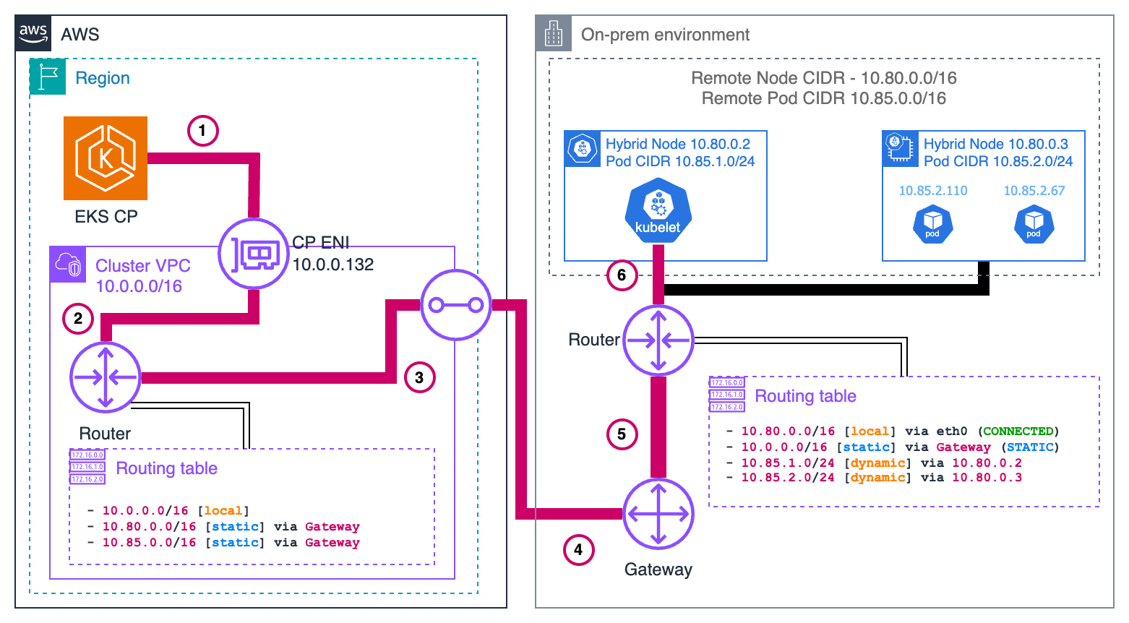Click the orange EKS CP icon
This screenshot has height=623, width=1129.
(x=106, y=158)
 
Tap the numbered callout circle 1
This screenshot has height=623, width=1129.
(x=202, y=131)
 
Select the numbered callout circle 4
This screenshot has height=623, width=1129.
(x=578, y=550)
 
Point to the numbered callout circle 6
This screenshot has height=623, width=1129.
(x=622, y=275)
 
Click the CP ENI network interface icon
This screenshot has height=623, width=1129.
(x=254, y=254)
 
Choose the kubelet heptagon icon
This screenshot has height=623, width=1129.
(x=658, y=210)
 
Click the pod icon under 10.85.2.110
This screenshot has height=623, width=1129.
(x=932, y=225)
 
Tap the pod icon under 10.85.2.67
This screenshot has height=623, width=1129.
(x=1034, y=225)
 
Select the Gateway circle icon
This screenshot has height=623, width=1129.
(x=658, y=514)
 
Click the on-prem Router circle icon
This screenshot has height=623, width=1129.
(x=658, y=340)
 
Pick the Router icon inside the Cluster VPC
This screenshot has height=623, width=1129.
(x=106, y=377)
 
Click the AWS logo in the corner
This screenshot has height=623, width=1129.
(x=33, y=33)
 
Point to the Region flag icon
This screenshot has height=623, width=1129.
(x=48, y=77)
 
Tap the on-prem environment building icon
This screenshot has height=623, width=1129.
(x=554, y=33)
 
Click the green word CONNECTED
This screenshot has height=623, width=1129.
(x=1018, y=431)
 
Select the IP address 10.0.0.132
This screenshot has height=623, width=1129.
(x=332, y=265)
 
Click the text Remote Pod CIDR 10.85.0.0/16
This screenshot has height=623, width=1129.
(x=823, y=98)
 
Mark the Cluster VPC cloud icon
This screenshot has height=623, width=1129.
(x=68, y=265)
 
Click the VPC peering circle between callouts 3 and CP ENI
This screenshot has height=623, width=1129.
(x=456, y=305)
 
